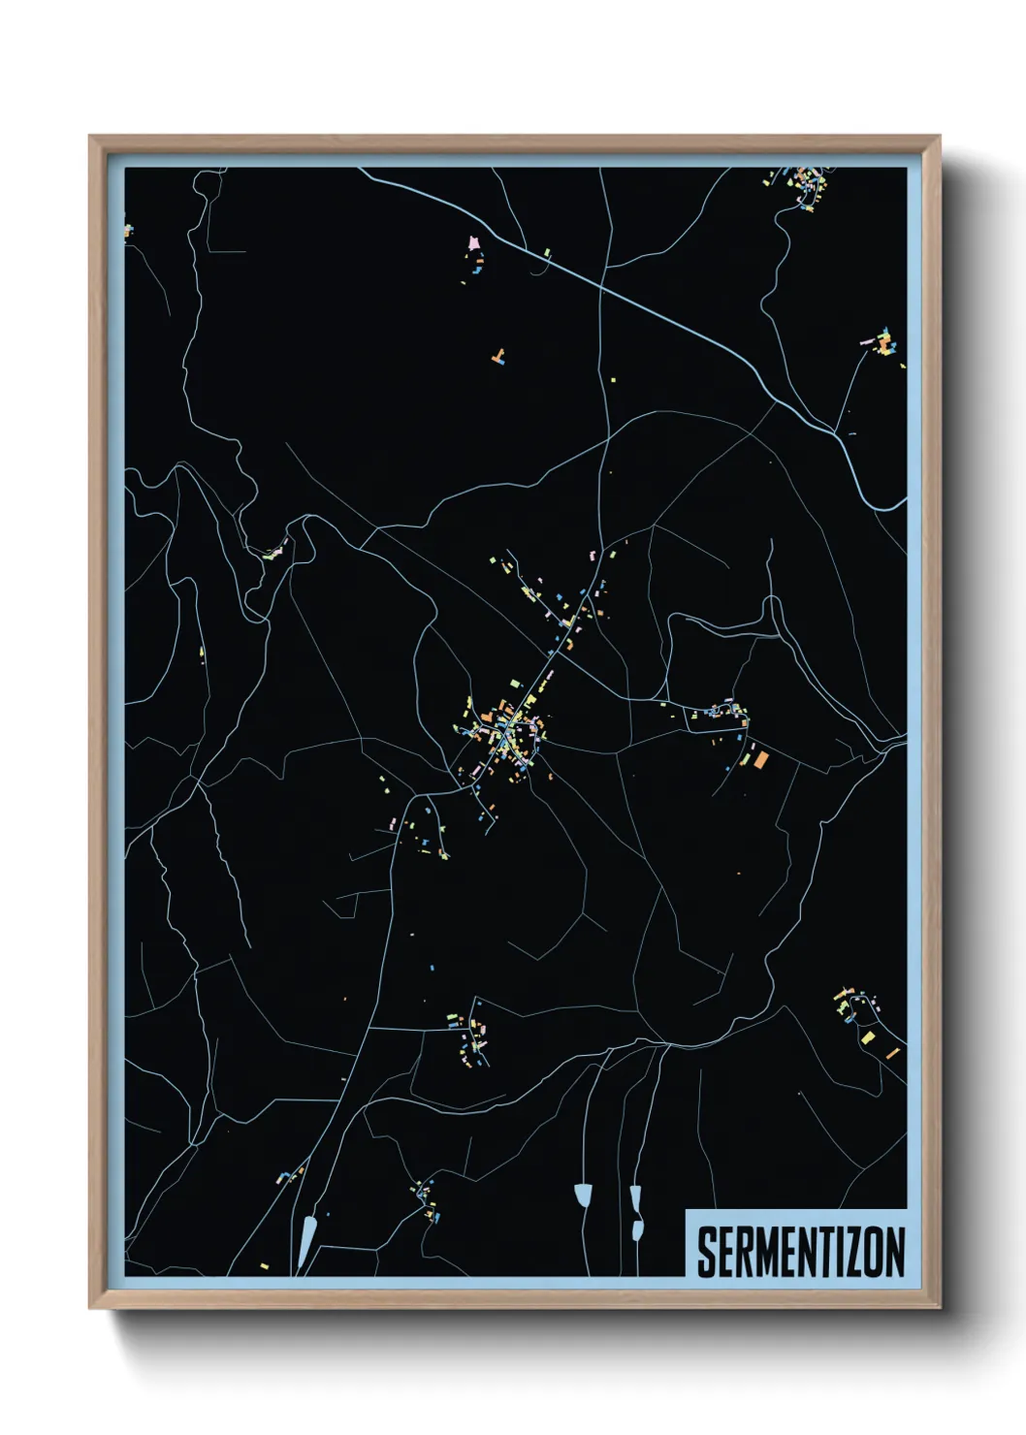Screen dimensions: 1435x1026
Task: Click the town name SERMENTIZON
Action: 800,1252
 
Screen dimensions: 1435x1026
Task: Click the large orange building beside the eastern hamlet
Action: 761,759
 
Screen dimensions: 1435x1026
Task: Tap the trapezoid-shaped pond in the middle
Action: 583,1195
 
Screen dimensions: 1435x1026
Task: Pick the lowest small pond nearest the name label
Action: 637,1229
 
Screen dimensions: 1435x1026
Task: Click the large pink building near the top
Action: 473,242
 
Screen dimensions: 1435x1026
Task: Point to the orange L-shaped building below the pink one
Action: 499,357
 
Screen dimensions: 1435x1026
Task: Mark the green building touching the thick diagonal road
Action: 547,253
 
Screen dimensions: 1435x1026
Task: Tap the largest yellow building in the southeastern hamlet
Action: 867,1037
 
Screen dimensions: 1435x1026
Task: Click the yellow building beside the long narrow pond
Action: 265,1266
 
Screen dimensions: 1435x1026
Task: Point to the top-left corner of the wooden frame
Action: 90,137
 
